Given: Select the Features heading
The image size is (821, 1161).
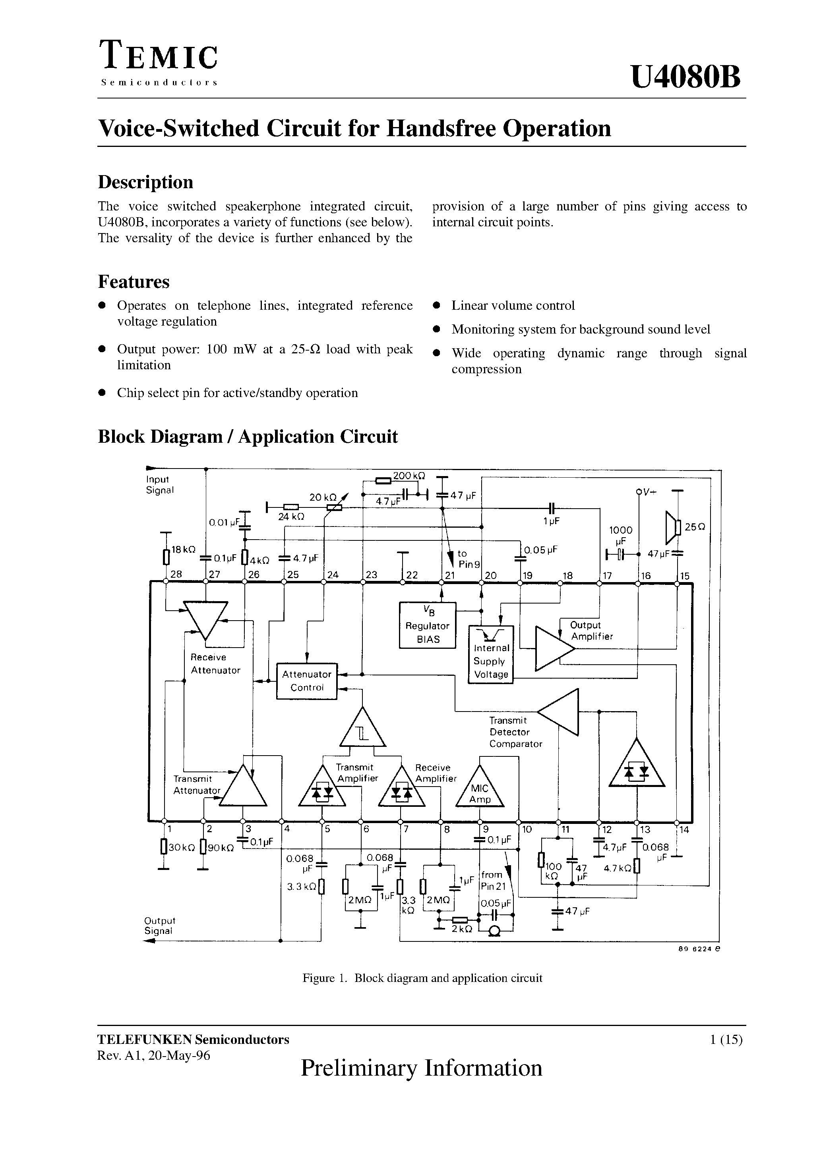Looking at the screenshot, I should [134, 282].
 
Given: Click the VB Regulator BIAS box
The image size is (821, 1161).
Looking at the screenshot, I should [428, 625].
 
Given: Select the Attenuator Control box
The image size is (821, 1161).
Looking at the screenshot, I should [307, 681].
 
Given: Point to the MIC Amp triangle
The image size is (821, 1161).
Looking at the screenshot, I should [480, 791].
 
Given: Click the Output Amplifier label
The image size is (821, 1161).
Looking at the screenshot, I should [591, 631].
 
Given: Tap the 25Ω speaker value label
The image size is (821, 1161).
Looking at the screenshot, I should [695, 527].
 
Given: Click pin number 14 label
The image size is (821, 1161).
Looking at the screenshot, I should [684, 830].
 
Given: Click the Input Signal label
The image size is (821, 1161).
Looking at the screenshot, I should [159, 484].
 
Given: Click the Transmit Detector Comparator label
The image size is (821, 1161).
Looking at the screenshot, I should [515, 732].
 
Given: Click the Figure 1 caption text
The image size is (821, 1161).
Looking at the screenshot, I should [422, 978].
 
